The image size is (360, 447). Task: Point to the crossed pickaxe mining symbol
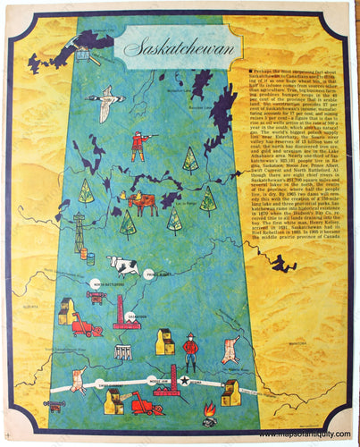82,55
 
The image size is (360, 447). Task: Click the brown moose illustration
141,202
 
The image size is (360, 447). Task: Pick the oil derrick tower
80,228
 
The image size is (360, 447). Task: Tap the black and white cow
122,266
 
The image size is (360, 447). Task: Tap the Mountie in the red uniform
189,350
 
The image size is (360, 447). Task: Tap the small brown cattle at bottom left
56,405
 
